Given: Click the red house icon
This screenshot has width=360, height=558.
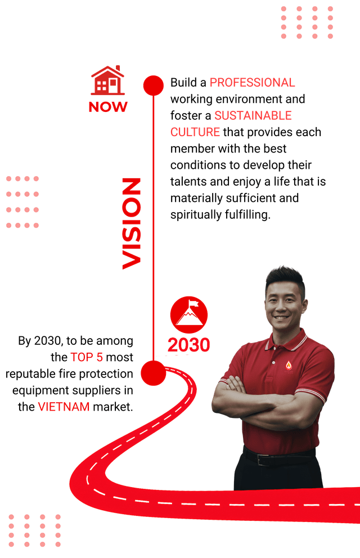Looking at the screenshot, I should pyautogui.click(x=108, y=80).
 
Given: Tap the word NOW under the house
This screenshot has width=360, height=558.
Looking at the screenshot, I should pyautogui.click(x=108, y=106).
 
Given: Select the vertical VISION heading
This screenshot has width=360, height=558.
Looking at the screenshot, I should pyautogui.click(x=132, y=223).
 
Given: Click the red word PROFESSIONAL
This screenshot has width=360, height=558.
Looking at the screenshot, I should pyautogui.click(x=252, y=83).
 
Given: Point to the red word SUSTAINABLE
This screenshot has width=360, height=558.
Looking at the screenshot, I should pyautogui.click(x=253, y=116).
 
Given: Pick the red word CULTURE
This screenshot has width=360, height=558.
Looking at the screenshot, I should pyautogui.click(x=195, y=132).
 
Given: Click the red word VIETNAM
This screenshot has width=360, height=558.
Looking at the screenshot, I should pyautogui.click(x=64, y=407).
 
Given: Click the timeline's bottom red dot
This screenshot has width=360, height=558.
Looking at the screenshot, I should pyautogui.click(x=152, y=373).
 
